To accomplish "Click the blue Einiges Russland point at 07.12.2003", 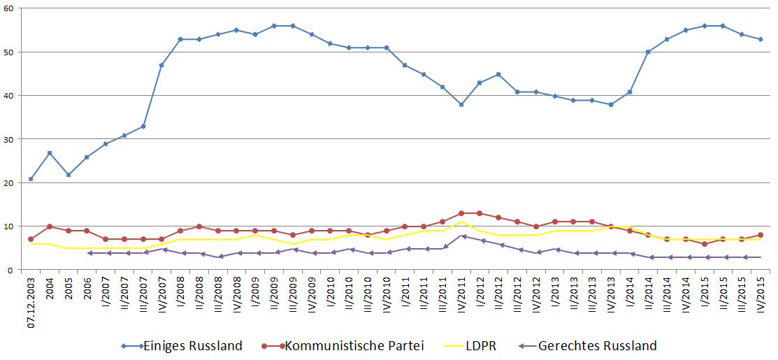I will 31,179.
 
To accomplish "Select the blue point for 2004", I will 50,152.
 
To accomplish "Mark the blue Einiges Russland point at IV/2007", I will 162,65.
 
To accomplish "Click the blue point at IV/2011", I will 461,104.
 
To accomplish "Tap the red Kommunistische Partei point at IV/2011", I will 461,213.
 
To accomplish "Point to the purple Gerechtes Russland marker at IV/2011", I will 461,236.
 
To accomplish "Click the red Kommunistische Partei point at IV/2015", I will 761,235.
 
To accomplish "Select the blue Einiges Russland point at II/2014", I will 648,52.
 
